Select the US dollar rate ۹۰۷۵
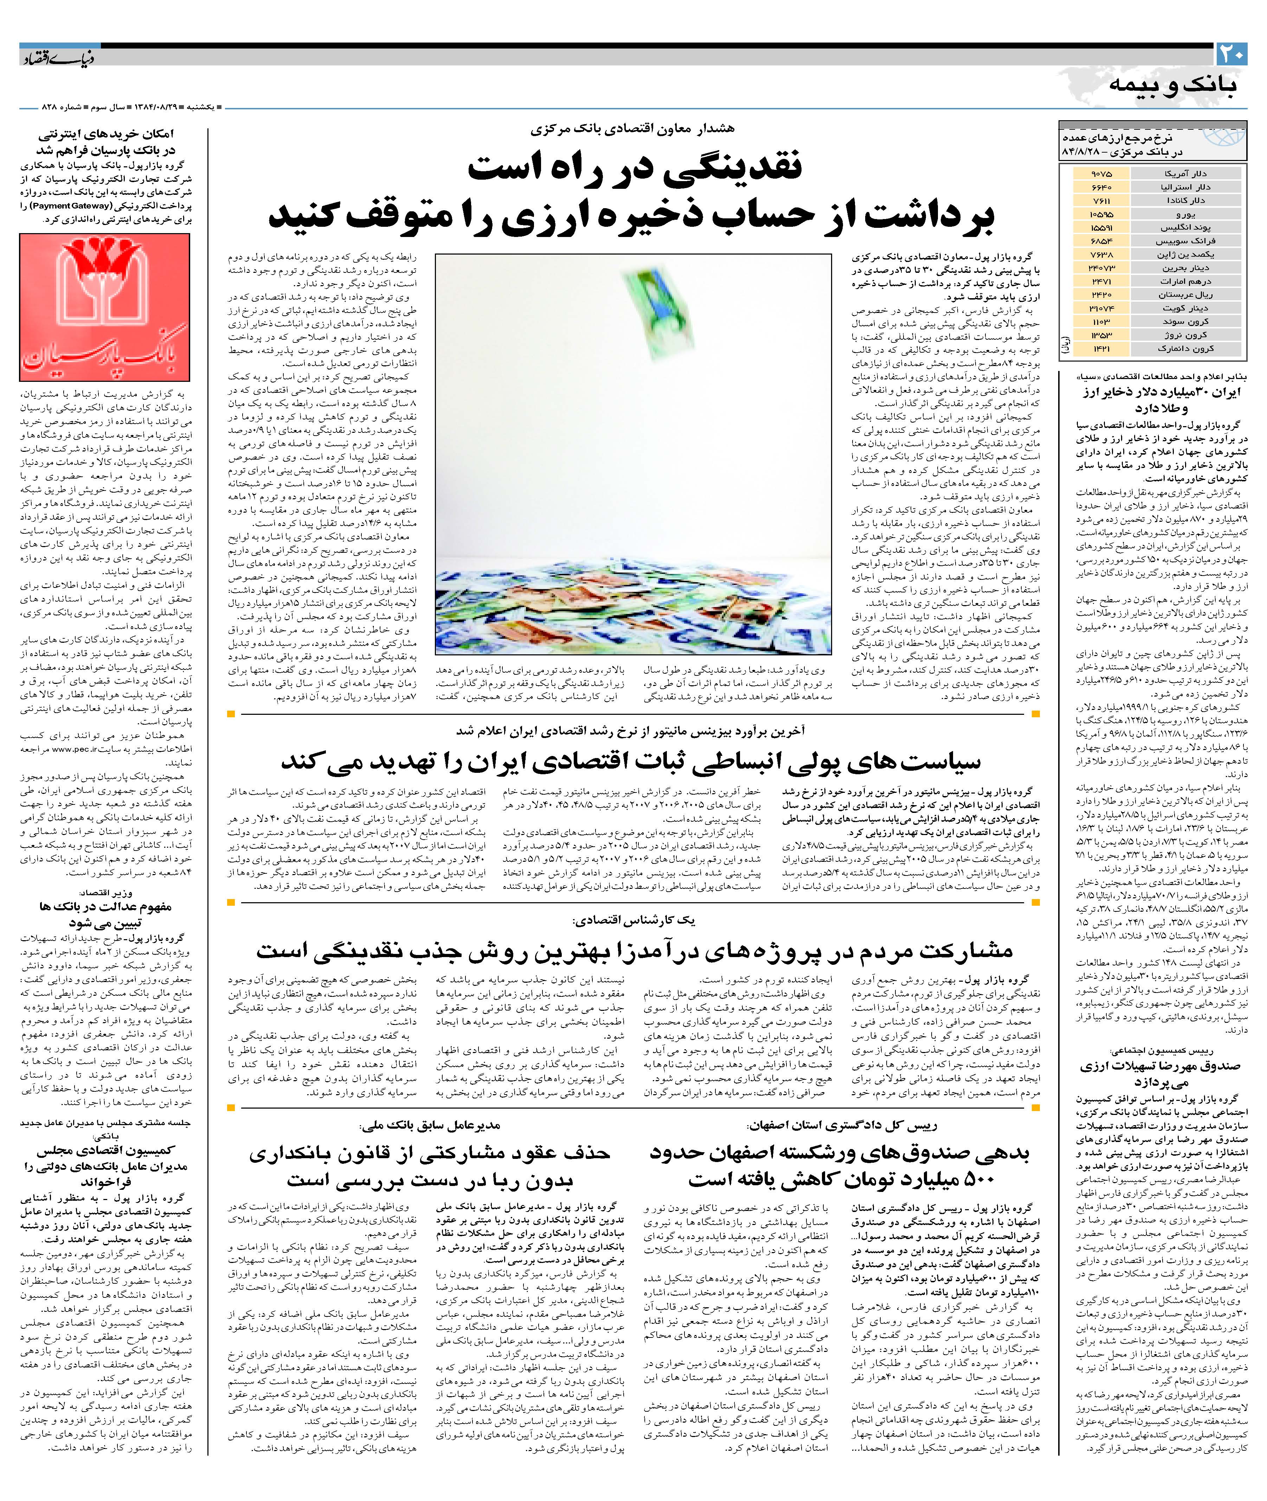coord(1100,174)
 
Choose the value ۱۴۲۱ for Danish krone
coord(1100,348)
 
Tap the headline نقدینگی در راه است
coord(636,167)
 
